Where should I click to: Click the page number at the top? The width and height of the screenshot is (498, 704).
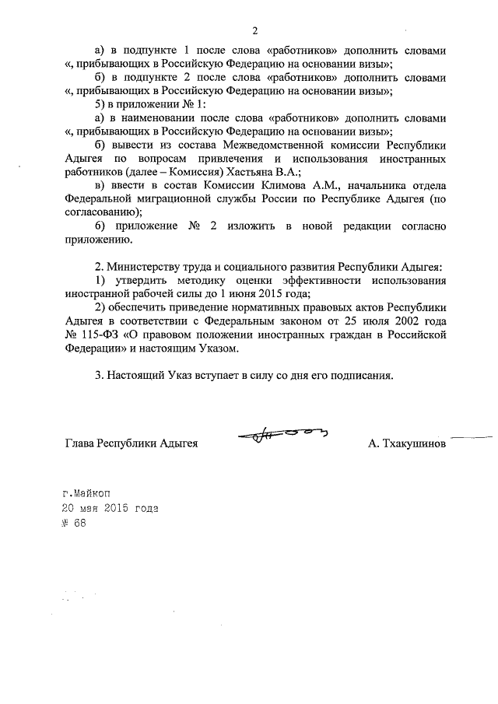coord(254,31)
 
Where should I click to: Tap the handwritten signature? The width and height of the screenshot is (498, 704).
coord(284,438)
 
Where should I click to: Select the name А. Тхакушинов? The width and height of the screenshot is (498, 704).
coord(408,444)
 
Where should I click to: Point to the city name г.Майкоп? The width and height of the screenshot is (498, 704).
coord(89,492)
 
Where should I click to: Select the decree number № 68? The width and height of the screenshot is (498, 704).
coord(75,523)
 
